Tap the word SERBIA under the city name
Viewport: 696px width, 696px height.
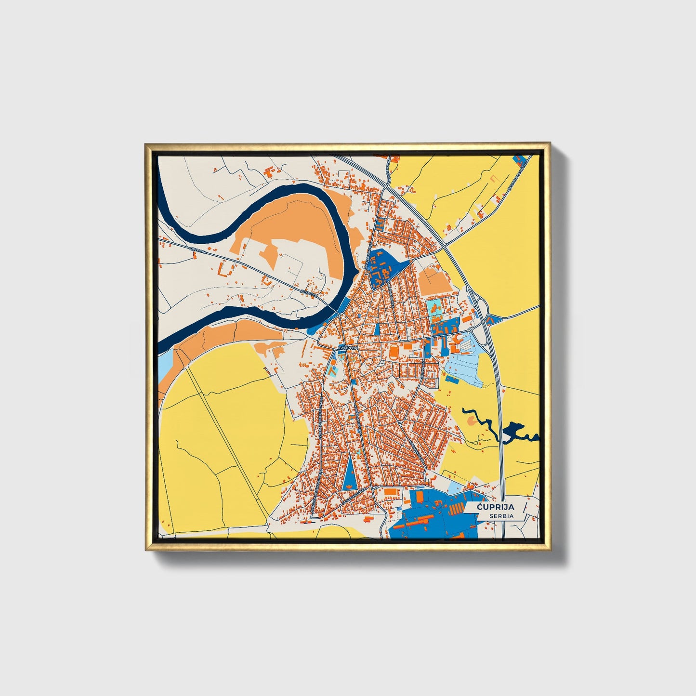(x=501, y=516)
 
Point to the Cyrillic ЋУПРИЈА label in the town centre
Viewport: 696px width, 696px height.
(x=348, y=347)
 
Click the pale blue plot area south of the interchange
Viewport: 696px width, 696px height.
(x=465, y=366)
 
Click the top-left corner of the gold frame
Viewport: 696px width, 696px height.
(x=146, y=144)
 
